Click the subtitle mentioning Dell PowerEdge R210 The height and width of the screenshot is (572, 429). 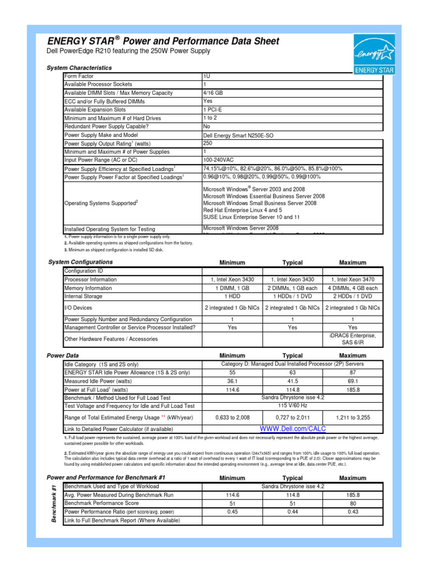(x=128, y=51)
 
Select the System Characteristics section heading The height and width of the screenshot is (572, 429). (x=79, y=68)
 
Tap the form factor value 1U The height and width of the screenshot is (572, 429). (x=207, y=76)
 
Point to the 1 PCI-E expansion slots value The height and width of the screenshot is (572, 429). (x=212, y=109)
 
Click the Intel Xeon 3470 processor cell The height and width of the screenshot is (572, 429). (x=352, y=279)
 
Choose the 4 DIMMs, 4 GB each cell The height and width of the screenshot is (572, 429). (x=352, y=288)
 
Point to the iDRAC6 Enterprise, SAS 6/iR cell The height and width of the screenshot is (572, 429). (x=352, y=339)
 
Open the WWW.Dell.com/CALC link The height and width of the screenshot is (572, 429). (x=293, y=428)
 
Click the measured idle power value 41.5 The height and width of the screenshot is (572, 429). (x=292, y=382)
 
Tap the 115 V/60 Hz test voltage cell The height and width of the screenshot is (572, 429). (x=293, y=406)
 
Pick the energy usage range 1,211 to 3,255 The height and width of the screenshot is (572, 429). (x=352, y=417)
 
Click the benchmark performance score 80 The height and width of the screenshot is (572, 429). (x=352, y=503)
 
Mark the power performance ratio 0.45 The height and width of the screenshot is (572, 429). (x=232, y=512)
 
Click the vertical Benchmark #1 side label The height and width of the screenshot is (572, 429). (x=54, y=503)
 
